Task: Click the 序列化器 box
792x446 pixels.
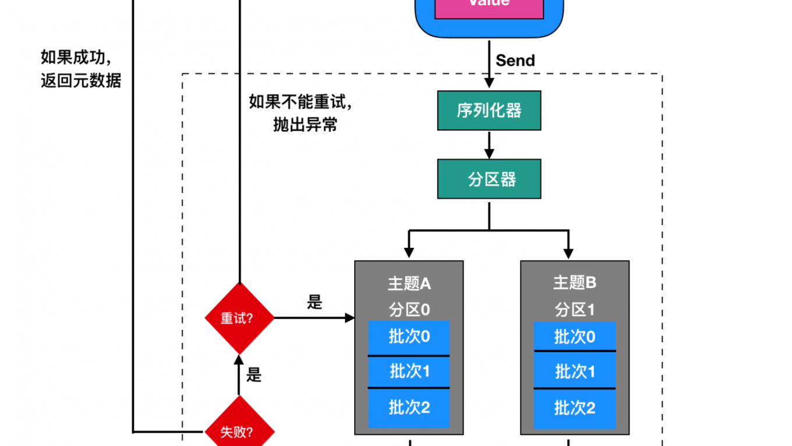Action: tap(489, 110)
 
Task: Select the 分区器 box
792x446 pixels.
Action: tap(489, 179)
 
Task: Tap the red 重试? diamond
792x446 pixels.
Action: tap(239, 318)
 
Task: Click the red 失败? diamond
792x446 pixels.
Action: tap(239, 431)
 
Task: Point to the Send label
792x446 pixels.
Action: tap(515, 60)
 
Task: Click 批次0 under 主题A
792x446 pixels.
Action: tap(409, 337)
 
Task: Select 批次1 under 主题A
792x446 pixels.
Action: tap(409, 371)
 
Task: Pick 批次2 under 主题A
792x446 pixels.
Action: tap(409, 407)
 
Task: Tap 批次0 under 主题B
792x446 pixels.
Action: tap(575, 336)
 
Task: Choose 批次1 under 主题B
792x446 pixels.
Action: tap(575, 371)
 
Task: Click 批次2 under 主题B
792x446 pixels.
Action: tap(575, 408)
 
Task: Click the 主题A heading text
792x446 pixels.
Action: tap(409, 284)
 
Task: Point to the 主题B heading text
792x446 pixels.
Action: tap(575, 283)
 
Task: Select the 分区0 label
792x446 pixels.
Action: tap(409, 309)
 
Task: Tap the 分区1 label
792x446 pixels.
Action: tap(575, 309)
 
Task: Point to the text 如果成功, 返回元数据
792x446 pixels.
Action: tap(80, 69)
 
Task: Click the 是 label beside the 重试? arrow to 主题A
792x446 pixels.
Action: tap(314, 303)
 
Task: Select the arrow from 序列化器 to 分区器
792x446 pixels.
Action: tap(489, 145)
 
